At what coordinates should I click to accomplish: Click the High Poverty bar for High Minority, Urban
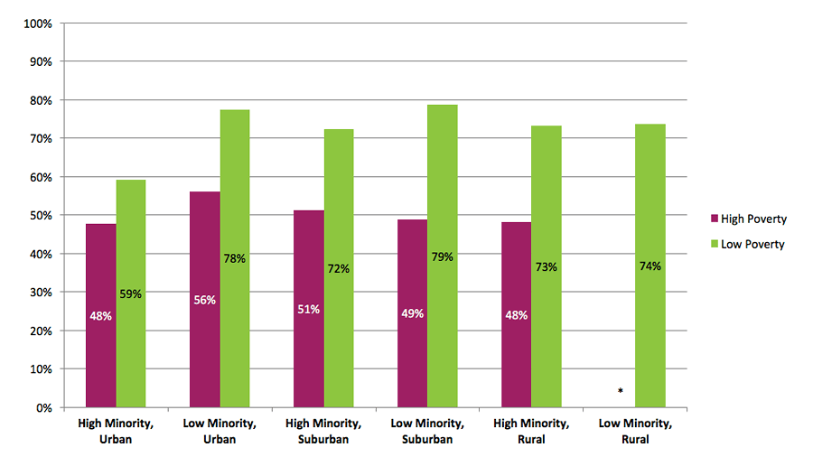tap(100, 315)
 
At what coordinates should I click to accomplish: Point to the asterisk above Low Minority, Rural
tap(621, 391)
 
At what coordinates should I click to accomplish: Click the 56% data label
tap(204, 300)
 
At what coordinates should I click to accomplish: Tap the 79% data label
tap(443, 256)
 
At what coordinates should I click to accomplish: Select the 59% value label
tap(131, 294)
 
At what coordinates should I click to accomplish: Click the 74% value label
tap(650, 266)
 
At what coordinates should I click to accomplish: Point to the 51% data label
tap(309, 309)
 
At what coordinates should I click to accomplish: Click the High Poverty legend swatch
tap(714, 219)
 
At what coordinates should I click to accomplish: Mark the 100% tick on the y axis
tap(35, 23)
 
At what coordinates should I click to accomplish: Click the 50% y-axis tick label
tap(38, 215)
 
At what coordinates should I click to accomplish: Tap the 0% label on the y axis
tap(42, 407)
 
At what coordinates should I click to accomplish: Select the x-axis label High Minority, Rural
tap(531, 432)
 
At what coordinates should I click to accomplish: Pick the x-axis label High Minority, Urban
tap(115, 432)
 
